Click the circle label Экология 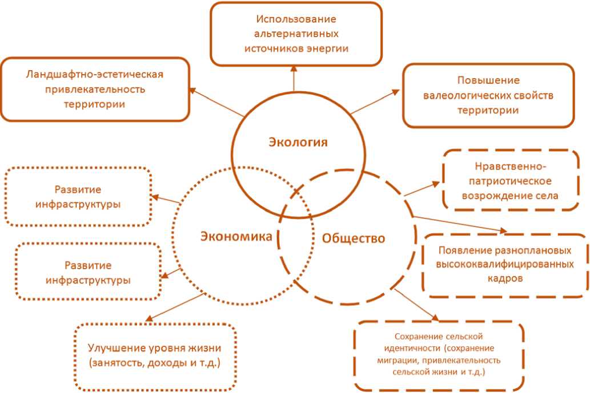click(298, 142)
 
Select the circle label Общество click(354, 238)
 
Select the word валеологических click(476, 95)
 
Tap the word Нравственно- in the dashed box click(511, 167)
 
